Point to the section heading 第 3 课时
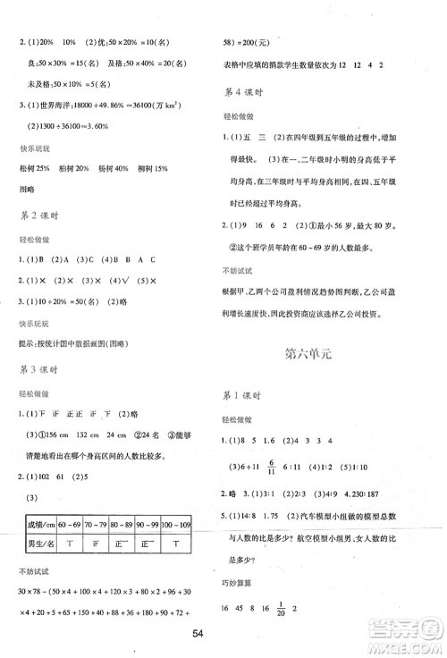(33, 367)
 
